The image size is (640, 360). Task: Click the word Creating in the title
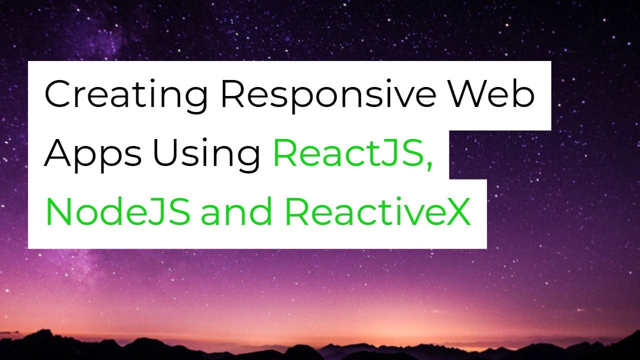point(126,95)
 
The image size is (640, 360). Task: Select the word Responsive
point(328,95)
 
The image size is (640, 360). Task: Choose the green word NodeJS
point(117,211)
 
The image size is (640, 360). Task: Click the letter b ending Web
point(523,93)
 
